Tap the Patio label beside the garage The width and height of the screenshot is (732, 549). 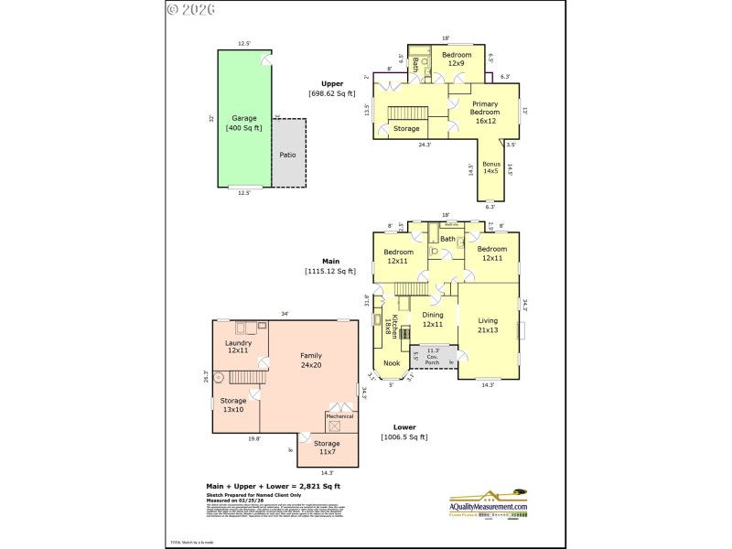(287, 155)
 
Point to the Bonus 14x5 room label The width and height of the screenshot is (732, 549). (491, 167)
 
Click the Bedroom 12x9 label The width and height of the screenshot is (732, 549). (457, 59)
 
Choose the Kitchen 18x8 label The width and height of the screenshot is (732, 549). (394, 327)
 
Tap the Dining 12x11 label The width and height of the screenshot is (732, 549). (433, 319)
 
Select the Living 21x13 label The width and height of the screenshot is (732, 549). (488, 325)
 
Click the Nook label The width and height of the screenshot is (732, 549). (392, 363)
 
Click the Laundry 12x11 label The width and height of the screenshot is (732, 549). (237, 346)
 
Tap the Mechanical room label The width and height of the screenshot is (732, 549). (339, 416)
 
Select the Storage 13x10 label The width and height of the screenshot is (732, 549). (232, 404)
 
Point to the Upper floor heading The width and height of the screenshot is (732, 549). (332, 83)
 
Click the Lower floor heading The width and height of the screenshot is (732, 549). (404, 426)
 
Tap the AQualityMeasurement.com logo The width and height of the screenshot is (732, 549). (488, 503)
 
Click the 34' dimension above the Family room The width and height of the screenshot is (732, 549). (285, 314)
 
